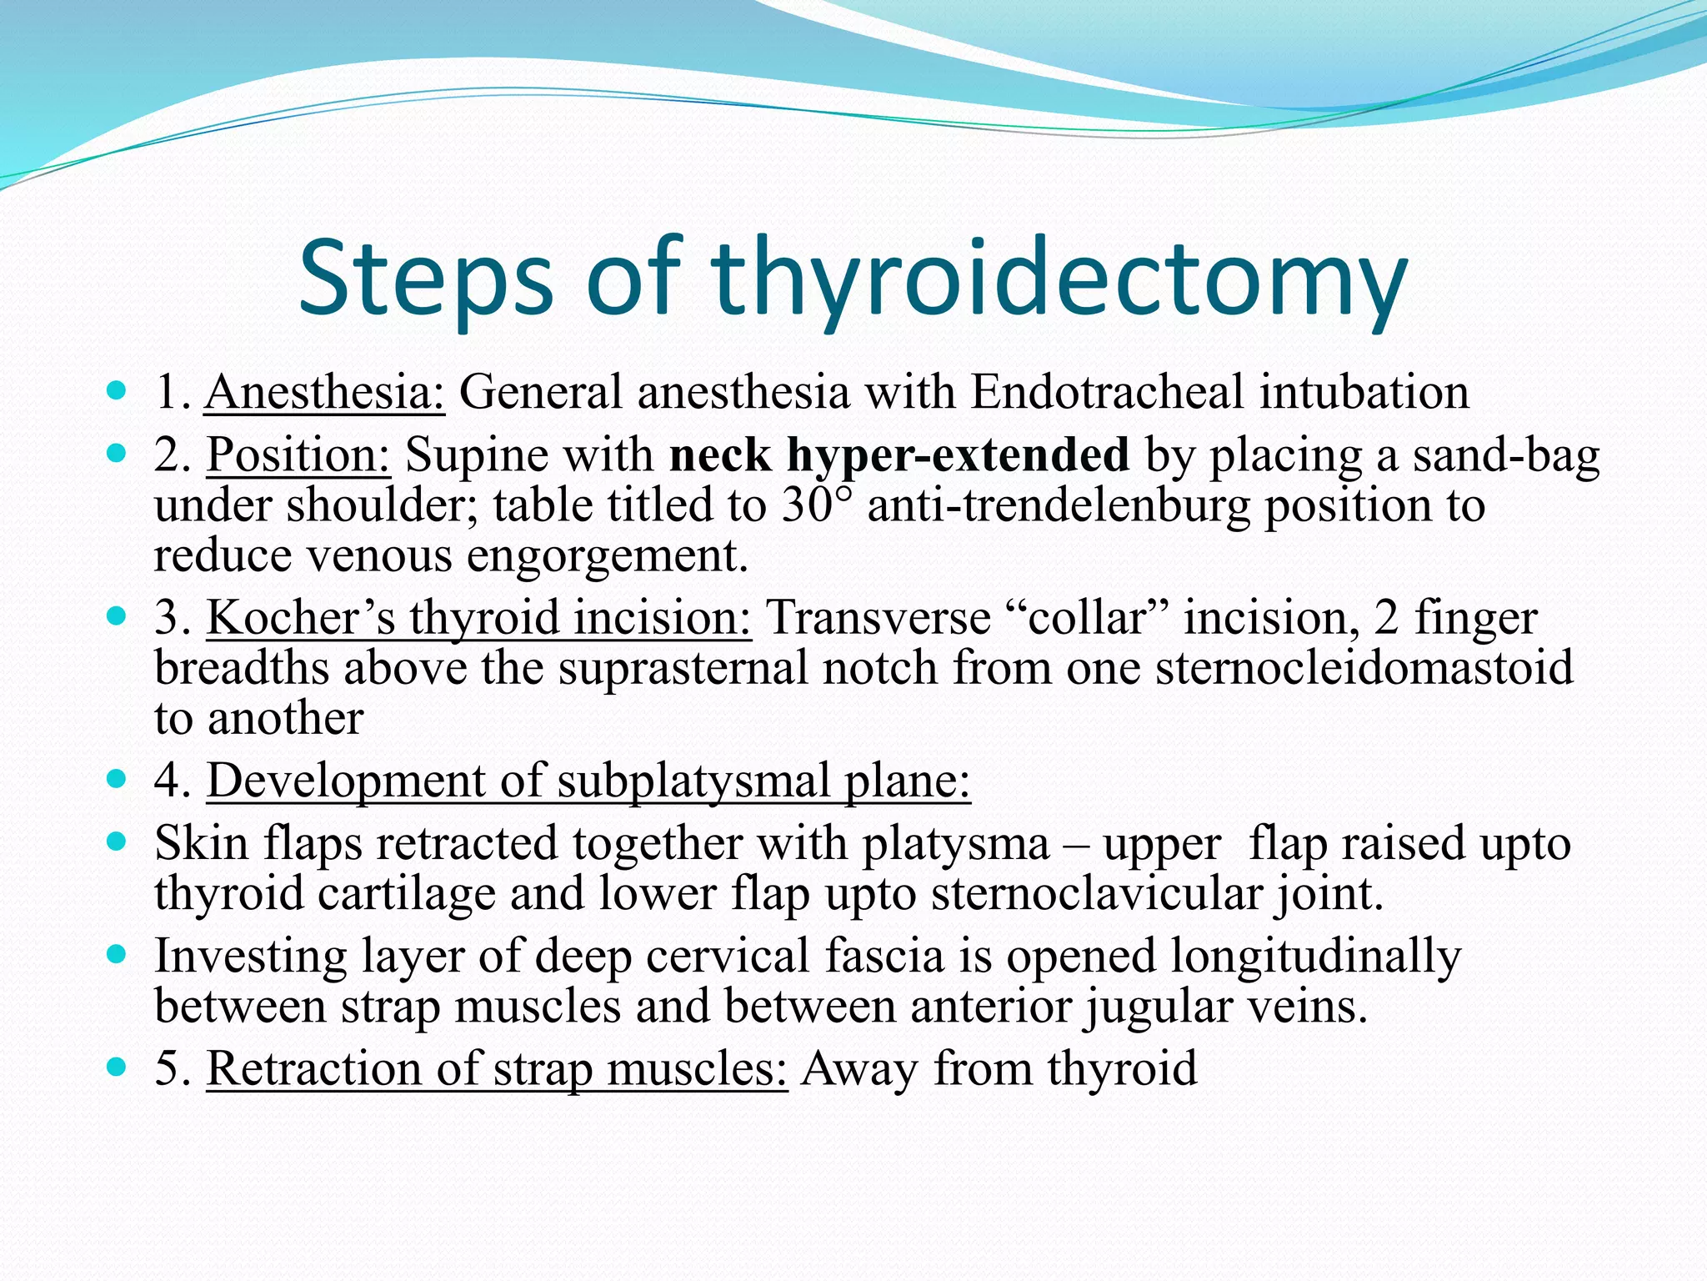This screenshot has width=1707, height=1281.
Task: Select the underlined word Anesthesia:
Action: (325, 392)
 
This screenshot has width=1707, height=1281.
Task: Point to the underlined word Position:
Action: (298, 455)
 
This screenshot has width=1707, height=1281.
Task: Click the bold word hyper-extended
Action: (959, 455)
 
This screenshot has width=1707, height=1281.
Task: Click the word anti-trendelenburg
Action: (1059, 505)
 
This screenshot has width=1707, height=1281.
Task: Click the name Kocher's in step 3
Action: (300, 618)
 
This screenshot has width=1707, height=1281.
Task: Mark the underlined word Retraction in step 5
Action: (313, 1068)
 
